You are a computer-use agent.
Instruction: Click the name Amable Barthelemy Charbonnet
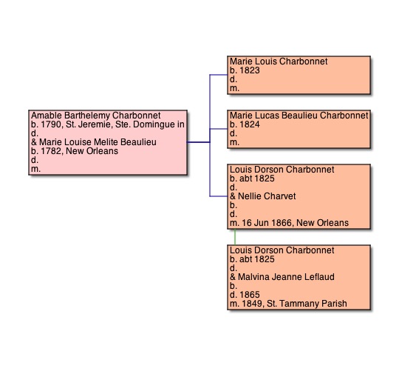[96, 116]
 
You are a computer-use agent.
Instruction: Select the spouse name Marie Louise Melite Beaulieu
[98, 142]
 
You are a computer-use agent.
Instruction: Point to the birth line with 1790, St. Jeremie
[108, 124]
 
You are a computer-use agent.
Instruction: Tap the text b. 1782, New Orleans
[75, 151]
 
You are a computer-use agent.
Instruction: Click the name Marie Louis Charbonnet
[279, 61]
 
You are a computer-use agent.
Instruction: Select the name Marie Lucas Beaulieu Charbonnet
[299, 116]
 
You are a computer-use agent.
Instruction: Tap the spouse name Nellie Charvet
[267, 196]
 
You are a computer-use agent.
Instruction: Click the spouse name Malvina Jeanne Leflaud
[286, 277]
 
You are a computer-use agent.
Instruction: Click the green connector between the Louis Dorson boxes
[235, 237]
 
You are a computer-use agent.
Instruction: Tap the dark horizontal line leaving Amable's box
[199, 142]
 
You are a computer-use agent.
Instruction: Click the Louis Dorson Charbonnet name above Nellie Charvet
[282, 170]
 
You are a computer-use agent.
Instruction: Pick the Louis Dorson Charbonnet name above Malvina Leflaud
[282, 250]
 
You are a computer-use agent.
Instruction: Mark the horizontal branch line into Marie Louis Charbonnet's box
[219, 75]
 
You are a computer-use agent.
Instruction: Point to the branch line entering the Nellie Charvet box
[219, 196]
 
